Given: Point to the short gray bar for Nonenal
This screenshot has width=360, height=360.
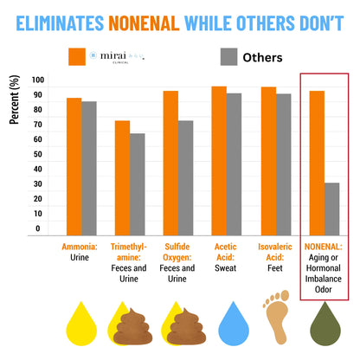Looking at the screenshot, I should point(331,209).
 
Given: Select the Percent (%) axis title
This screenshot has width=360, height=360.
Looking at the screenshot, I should point(15,102).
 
